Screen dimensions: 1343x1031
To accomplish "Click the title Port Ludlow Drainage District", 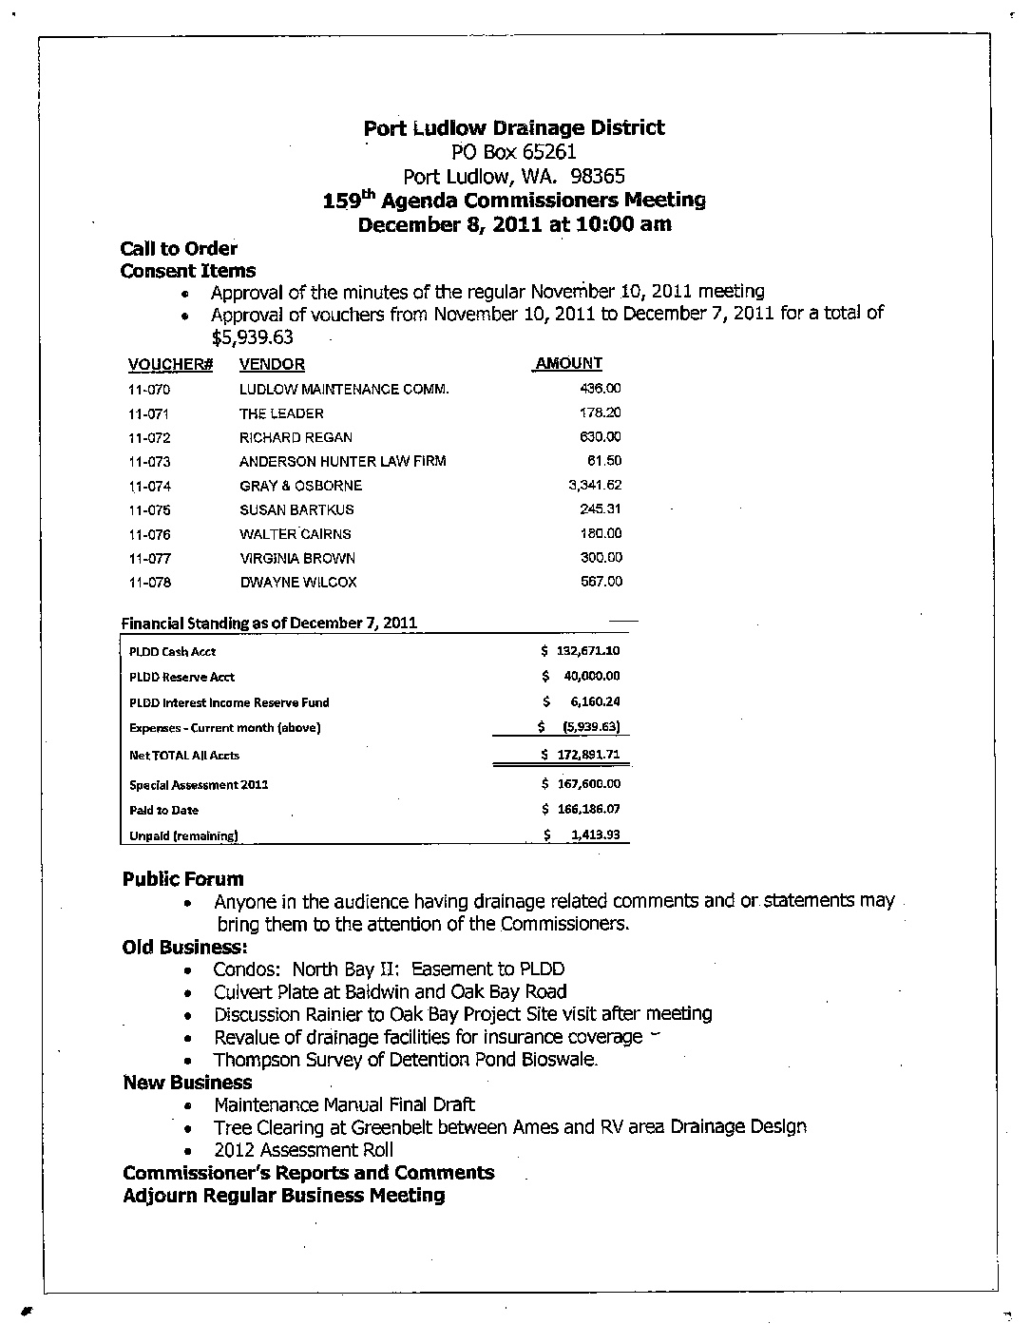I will point(514,128).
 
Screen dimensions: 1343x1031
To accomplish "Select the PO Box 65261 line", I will point(514,152).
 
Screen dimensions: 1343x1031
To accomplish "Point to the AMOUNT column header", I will point(569,363).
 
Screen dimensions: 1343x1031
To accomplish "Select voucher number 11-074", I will point(149,486).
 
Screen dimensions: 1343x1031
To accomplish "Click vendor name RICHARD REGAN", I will point(296,437).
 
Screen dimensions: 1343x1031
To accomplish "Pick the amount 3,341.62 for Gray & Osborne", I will point(595,485).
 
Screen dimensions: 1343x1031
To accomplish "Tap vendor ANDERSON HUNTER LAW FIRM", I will point(342,461).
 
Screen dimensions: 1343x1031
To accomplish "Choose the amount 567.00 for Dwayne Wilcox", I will point(601,582).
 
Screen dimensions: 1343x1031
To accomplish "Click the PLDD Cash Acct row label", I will point(172,652).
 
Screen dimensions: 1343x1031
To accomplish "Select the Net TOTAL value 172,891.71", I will point(586,756).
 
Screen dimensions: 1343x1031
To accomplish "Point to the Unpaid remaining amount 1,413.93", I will point(595,835).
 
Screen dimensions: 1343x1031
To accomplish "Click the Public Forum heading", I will point(183,879).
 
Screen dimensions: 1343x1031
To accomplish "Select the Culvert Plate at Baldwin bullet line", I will point(404,992).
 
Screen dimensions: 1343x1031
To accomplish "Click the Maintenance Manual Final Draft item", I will point(344,1104).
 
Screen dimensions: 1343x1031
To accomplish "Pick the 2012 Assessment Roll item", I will point(303,1150).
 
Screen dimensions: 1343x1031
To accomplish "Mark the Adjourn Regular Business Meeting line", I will point(284,1196).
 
